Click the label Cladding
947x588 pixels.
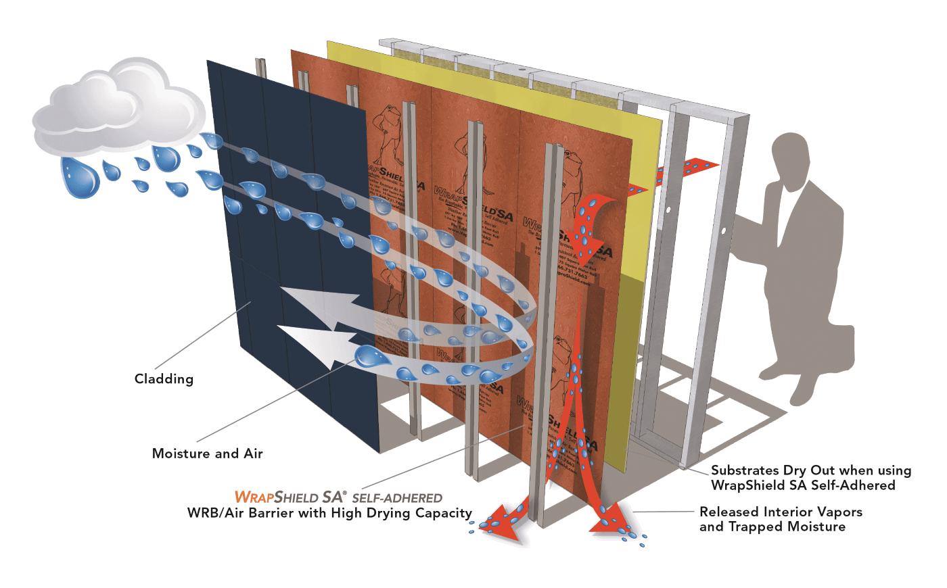(x=164, y=379)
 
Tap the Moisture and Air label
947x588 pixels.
(x=207, y=454)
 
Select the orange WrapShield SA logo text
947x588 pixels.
(x=291, y=497)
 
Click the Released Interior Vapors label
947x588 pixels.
(x=781, y=512)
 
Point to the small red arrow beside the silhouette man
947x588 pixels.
(x=700, y=164)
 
